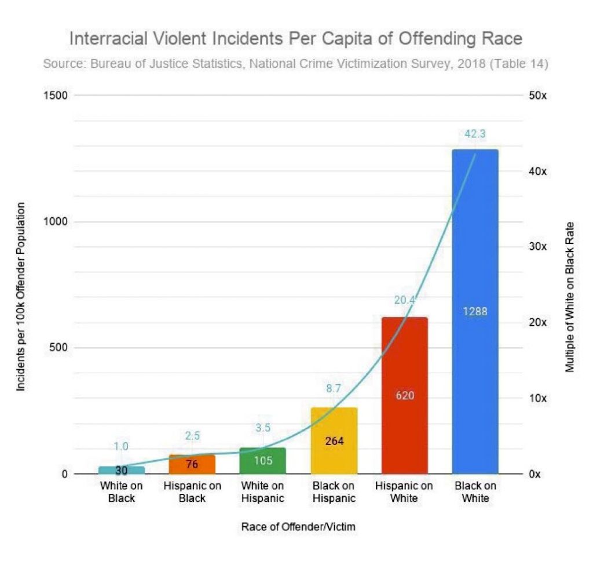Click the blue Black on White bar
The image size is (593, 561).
pyautogui.click(x=475, y=261)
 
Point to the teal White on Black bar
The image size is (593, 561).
pyautogui.click(x=121, y=470)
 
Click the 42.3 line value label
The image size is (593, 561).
pyautogui.click(x=475, y=134)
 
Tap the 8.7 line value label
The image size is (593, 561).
pyautogui.click(x=334, y=389)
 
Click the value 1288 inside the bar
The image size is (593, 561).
pyautogui.click(x=475, y=312)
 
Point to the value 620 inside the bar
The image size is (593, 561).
pyautogui.click(x=405, y=396)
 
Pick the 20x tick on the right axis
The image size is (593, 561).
pyautogui.click(x=539, y=323)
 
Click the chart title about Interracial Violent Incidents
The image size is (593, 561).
pyautogui.click(x=296, y=39)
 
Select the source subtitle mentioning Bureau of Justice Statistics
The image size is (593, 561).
pyautogui.click(x=296, y=64)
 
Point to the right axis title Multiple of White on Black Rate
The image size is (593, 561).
pyautogui.click(x=570, y=297)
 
